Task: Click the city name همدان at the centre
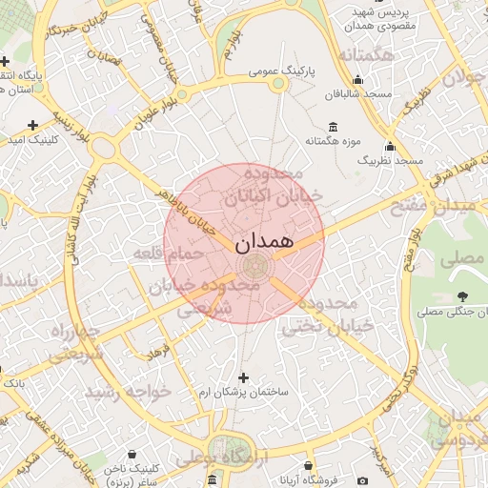click(x=262, y=243)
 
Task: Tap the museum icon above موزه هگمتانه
click(x=332, y=127)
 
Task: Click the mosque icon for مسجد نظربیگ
click(x=389, y=147)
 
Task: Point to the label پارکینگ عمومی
click(x=276, y=71)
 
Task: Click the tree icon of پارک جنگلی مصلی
click(x=462, y=296)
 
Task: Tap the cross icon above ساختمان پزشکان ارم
click(x=243, y=377)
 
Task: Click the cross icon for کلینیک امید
click(x=33, y=125)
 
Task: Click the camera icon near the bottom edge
click(x=362, y=481)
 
